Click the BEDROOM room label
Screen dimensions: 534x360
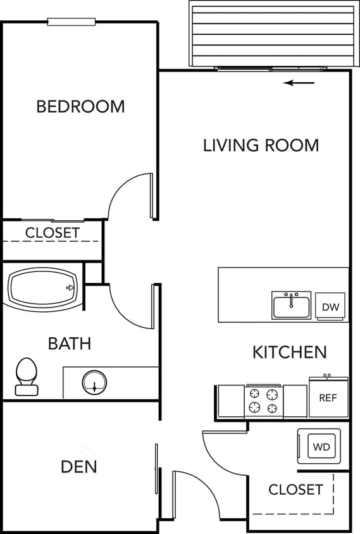point(80,106)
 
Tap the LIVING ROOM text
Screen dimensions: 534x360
point(261,145)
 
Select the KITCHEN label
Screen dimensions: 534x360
point(290,352)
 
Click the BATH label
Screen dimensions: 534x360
point(70,344)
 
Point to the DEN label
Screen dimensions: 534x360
point(79,467)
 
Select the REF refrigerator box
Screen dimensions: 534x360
point(328,398)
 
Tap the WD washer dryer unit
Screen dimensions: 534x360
point(320,446)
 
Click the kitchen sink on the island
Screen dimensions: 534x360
point(292,306)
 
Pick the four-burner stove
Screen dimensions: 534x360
point(263,400)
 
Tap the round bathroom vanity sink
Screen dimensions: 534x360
point(94,382)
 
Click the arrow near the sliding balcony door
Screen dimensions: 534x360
point(299,83)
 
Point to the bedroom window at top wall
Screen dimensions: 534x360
point(71,22)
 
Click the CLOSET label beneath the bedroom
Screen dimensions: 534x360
point(53,233)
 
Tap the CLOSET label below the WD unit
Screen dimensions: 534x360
point(295,489)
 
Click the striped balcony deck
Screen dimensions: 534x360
point(273,34)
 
